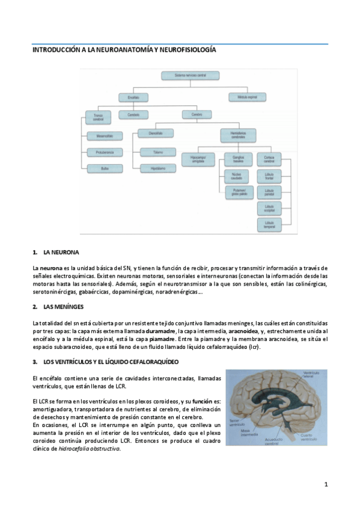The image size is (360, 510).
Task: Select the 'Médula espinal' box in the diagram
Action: [248, 96]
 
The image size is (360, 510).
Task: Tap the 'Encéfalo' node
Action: [133, 96]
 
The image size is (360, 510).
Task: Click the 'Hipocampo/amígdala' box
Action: [197, 159]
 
